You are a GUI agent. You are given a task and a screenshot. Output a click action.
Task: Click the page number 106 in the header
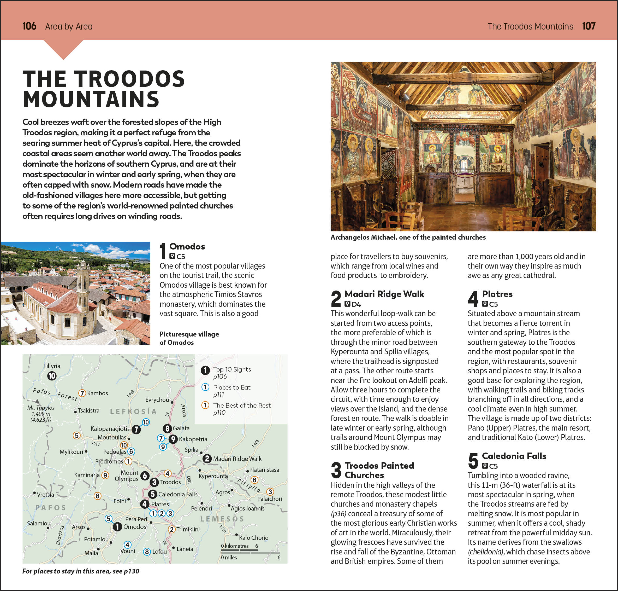[29, 26]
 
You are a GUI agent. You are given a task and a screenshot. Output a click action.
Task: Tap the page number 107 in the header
[589, 26]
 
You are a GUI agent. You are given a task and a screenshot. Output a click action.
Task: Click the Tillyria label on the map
[52, 366]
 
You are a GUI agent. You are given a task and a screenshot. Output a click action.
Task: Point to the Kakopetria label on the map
[193, 439]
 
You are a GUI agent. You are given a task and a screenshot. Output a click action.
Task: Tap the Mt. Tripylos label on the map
[41, 408]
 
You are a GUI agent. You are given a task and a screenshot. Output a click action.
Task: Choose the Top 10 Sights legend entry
[232, 369]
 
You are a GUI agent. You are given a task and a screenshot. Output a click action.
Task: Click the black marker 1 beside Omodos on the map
[117, 527]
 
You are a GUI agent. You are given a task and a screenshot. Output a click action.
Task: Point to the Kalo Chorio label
[254, 538]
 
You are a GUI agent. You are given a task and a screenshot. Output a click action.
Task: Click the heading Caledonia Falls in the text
[514, 456]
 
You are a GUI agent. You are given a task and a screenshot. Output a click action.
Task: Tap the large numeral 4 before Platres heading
[473, 298]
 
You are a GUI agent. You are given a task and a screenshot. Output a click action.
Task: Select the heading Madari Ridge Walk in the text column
[384, 294]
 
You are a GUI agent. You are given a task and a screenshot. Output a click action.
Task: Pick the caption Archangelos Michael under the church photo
[408, 237]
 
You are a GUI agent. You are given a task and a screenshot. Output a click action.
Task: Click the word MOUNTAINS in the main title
[91, 100]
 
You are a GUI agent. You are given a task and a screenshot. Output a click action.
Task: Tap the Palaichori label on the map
[269, 499]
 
